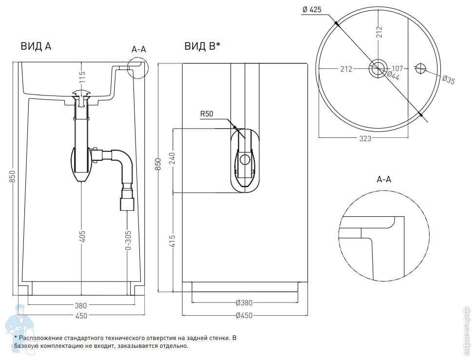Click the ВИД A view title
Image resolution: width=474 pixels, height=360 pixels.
pos(36,46)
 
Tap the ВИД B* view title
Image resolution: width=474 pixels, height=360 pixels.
pos(202,46)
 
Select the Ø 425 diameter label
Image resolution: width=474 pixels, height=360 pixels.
pos(312,9)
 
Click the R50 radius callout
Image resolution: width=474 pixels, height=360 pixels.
pos(207,114)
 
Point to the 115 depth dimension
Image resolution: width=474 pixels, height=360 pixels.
pos(82,76)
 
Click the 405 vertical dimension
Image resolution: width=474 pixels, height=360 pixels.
pos(82,236)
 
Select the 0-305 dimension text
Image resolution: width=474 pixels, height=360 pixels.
pos(128,240)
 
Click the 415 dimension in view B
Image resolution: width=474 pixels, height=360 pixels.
pos(172,241)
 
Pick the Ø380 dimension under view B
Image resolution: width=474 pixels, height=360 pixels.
pos(244,303)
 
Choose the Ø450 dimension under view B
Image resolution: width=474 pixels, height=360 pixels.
pos(244,316)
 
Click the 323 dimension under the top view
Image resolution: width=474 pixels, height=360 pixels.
pos(365,138)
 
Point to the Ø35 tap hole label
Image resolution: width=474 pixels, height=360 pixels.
pos(448,80)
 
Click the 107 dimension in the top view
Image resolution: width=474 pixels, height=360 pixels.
pos(398,69)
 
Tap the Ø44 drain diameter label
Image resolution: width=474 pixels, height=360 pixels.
pos(393,76)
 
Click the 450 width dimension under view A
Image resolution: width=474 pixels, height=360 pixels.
pos(81,316)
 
